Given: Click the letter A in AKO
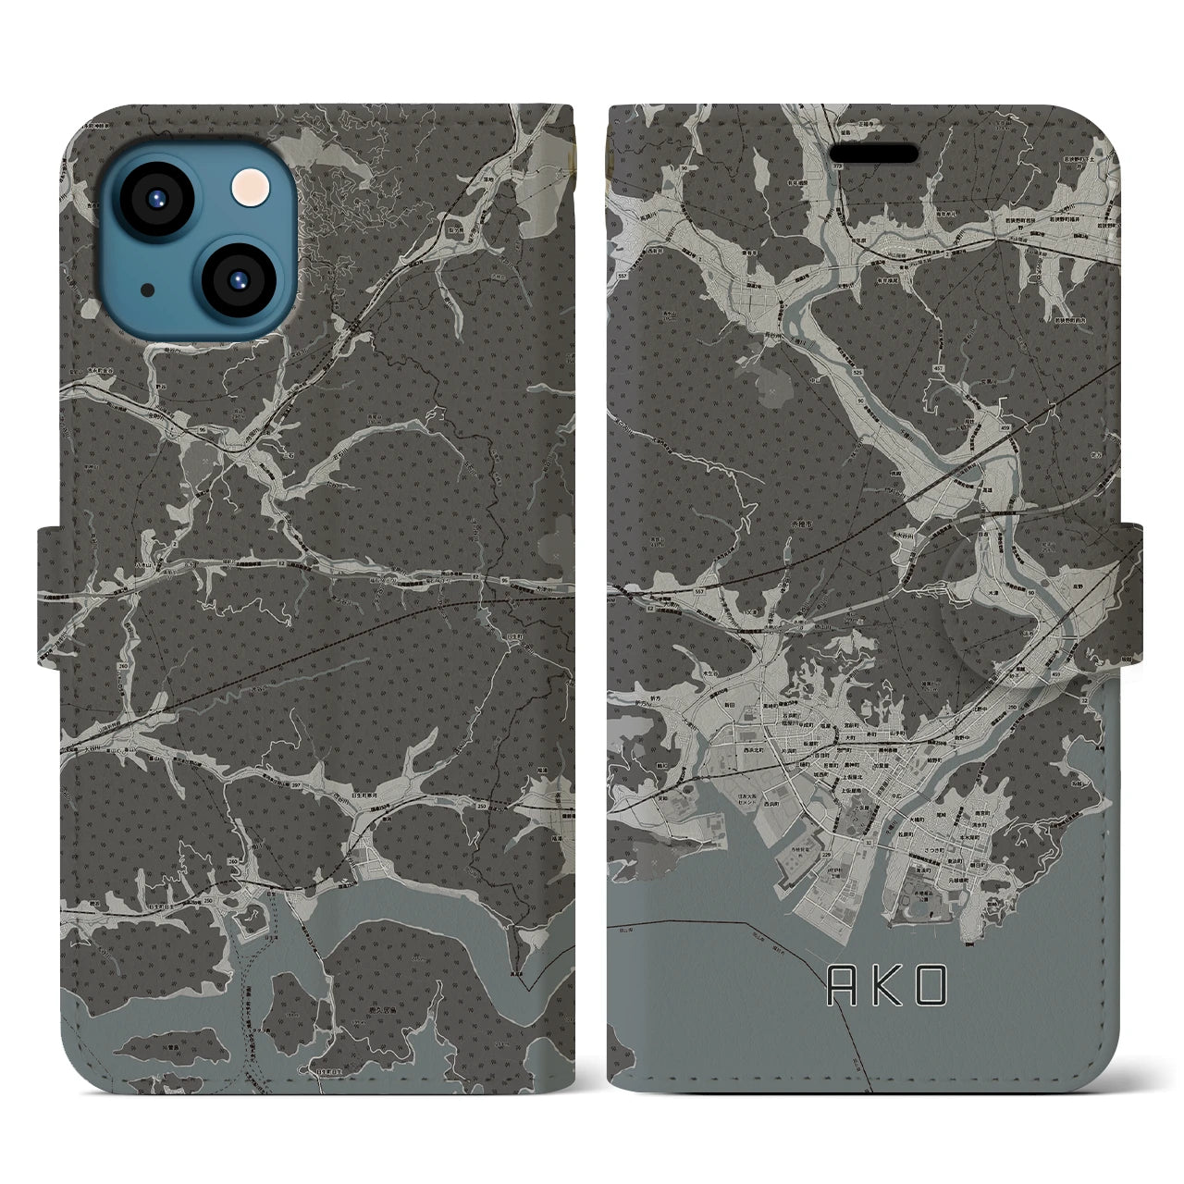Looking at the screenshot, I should (841, 988).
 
